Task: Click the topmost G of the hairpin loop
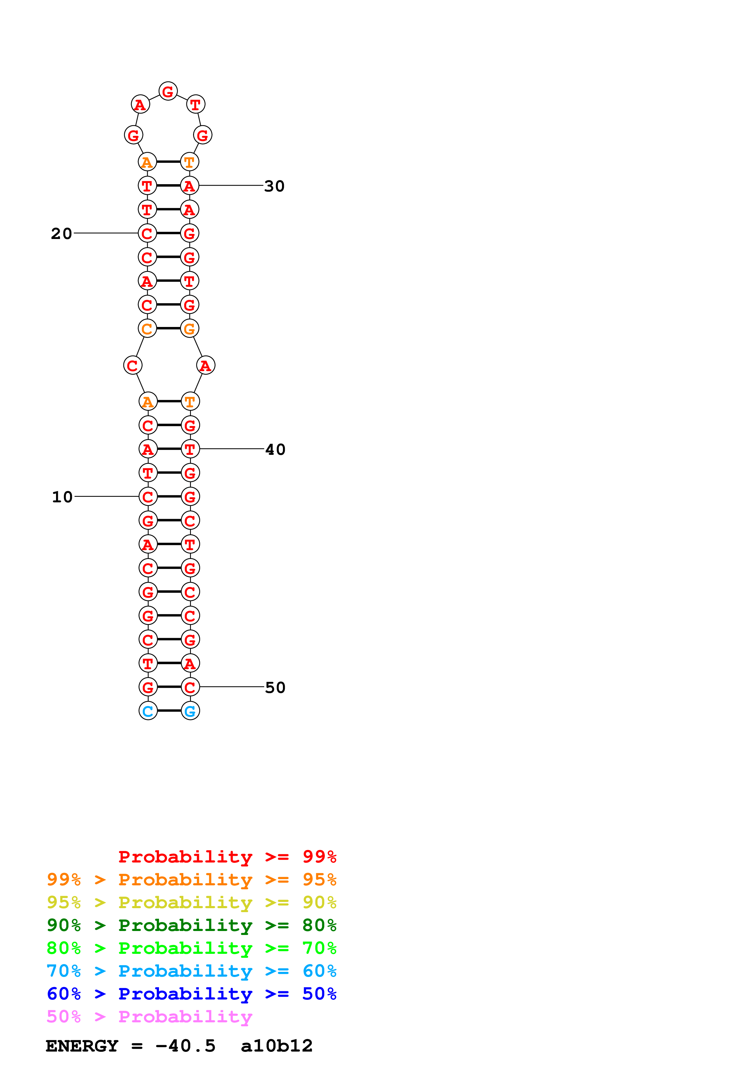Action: pos(168,91)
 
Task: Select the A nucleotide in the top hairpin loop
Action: pos(140,105)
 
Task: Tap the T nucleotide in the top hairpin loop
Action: pos(196,105)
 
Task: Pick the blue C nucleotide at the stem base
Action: pos(148,711)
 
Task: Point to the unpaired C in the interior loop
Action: pos(132,365)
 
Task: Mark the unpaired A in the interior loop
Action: pos(206,365)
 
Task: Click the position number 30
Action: pos(274,186)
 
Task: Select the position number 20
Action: pos(62,234)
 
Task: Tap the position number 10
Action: pos(62,497)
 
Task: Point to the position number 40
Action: pos(275,449)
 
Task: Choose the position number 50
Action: pos(275,687)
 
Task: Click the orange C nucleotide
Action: pos(147,328)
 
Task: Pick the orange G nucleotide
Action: pos(189,328)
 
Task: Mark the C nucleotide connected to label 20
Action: pos(147,233)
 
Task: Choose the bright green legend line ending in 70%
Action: pos(191,948)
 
